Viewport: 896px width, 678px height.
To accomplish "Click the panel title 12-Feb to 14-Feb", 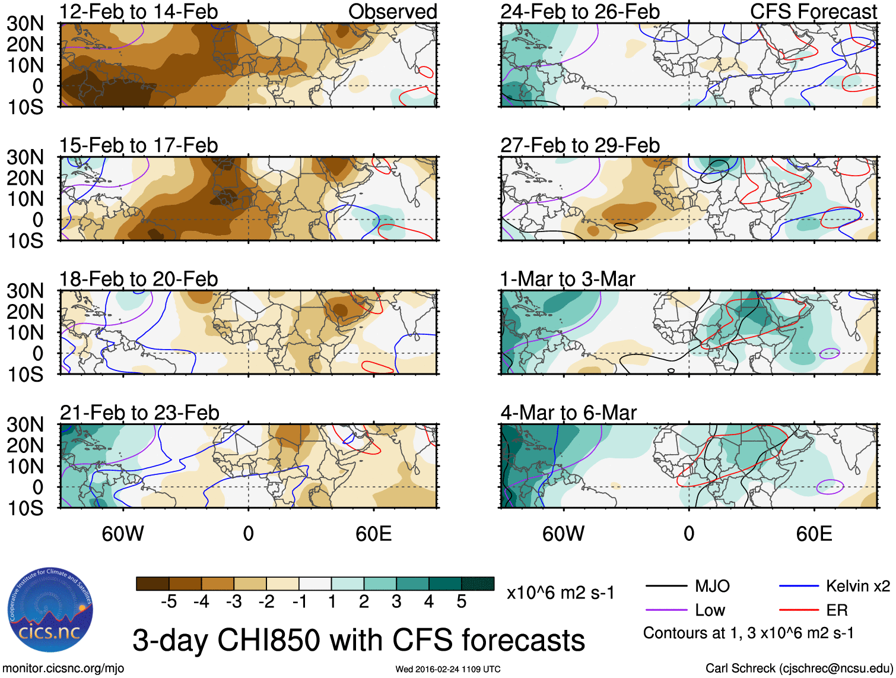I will click(x=138, y=11).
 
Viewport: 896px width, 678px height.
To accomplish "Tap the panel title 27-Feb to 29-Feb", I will click(x=580, y=145).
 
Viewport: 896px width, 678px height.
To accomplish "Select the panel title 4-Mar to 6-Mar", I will click(x=568, y=412).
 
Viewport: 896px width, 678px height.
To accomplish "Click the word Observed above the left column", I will click(x=392, y=11).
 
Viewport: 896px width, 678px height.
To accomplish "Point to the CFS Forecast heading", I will click(x=813, y=11).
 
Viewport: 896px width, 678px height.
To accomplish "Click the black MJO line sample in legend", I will click(x=666, y=587).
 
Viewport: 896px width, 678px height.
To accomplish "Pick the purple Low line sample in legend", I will click(x=666, y=610).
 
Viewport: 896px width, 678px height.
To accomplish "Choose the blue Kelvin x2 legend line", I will click(x=799, y=587).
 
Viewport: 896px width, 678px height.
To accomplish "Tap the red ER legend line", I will click(x=799, y=610).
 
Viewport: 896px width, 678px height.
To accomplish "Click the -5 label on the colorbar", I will click(x=169, y=602).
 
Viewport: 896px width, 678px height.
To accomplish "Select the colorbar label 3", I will click(x=396, y=602).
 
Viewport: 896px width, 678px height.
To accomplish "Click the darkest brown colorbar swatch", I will click(x=152, y=584).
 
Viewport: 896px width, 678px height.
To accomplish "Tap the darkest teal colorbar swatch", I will click(x=478, y=584).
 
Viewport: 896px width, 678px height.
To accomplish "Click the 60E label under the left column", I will click(x=373, y=534).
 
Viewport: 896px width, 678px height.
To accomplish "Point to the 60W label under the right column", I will click(x=563, y=534).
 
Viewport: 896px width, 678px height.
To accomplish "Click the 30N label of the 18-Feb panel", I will click(x=26, y=291).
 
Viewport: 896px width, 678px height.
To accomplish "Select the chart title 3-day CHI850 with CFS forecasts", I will click(x=358, y=641).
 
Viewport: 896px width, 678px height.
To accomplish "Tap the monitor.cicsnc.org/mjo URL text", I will click(x=63, y=669).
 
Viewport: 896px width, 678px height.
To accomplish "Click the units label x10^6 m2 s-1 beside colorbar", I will click(x=560, y=593).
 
